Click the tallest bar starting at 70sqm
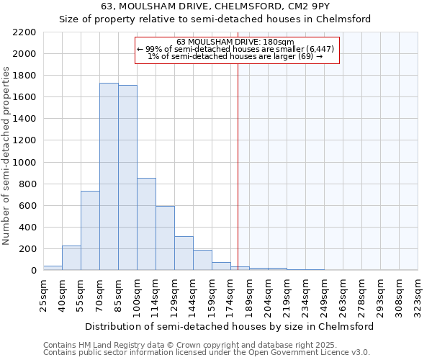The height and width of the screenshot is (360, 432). tap(109, 176)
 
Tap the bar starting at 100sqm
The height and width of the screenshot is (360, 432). tap(146, 224)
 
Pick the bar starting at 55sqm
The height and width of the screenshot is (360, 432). tap(90, 230)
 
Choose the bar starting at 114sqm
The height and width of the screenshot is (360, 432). tap(165, 238)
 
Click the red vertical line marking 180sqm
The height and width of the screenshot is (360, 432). tap(238, 166)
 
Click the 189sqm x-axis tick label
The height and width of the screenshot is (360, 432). tap(249, 294)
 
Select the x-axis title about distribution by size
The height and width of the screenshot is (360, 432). tap(230, 326)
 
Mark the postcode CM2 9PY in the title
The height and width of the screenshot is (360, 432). tap(297, 6)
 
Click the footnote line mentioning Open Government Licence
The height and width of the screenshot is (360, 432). tap(206, 352)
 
